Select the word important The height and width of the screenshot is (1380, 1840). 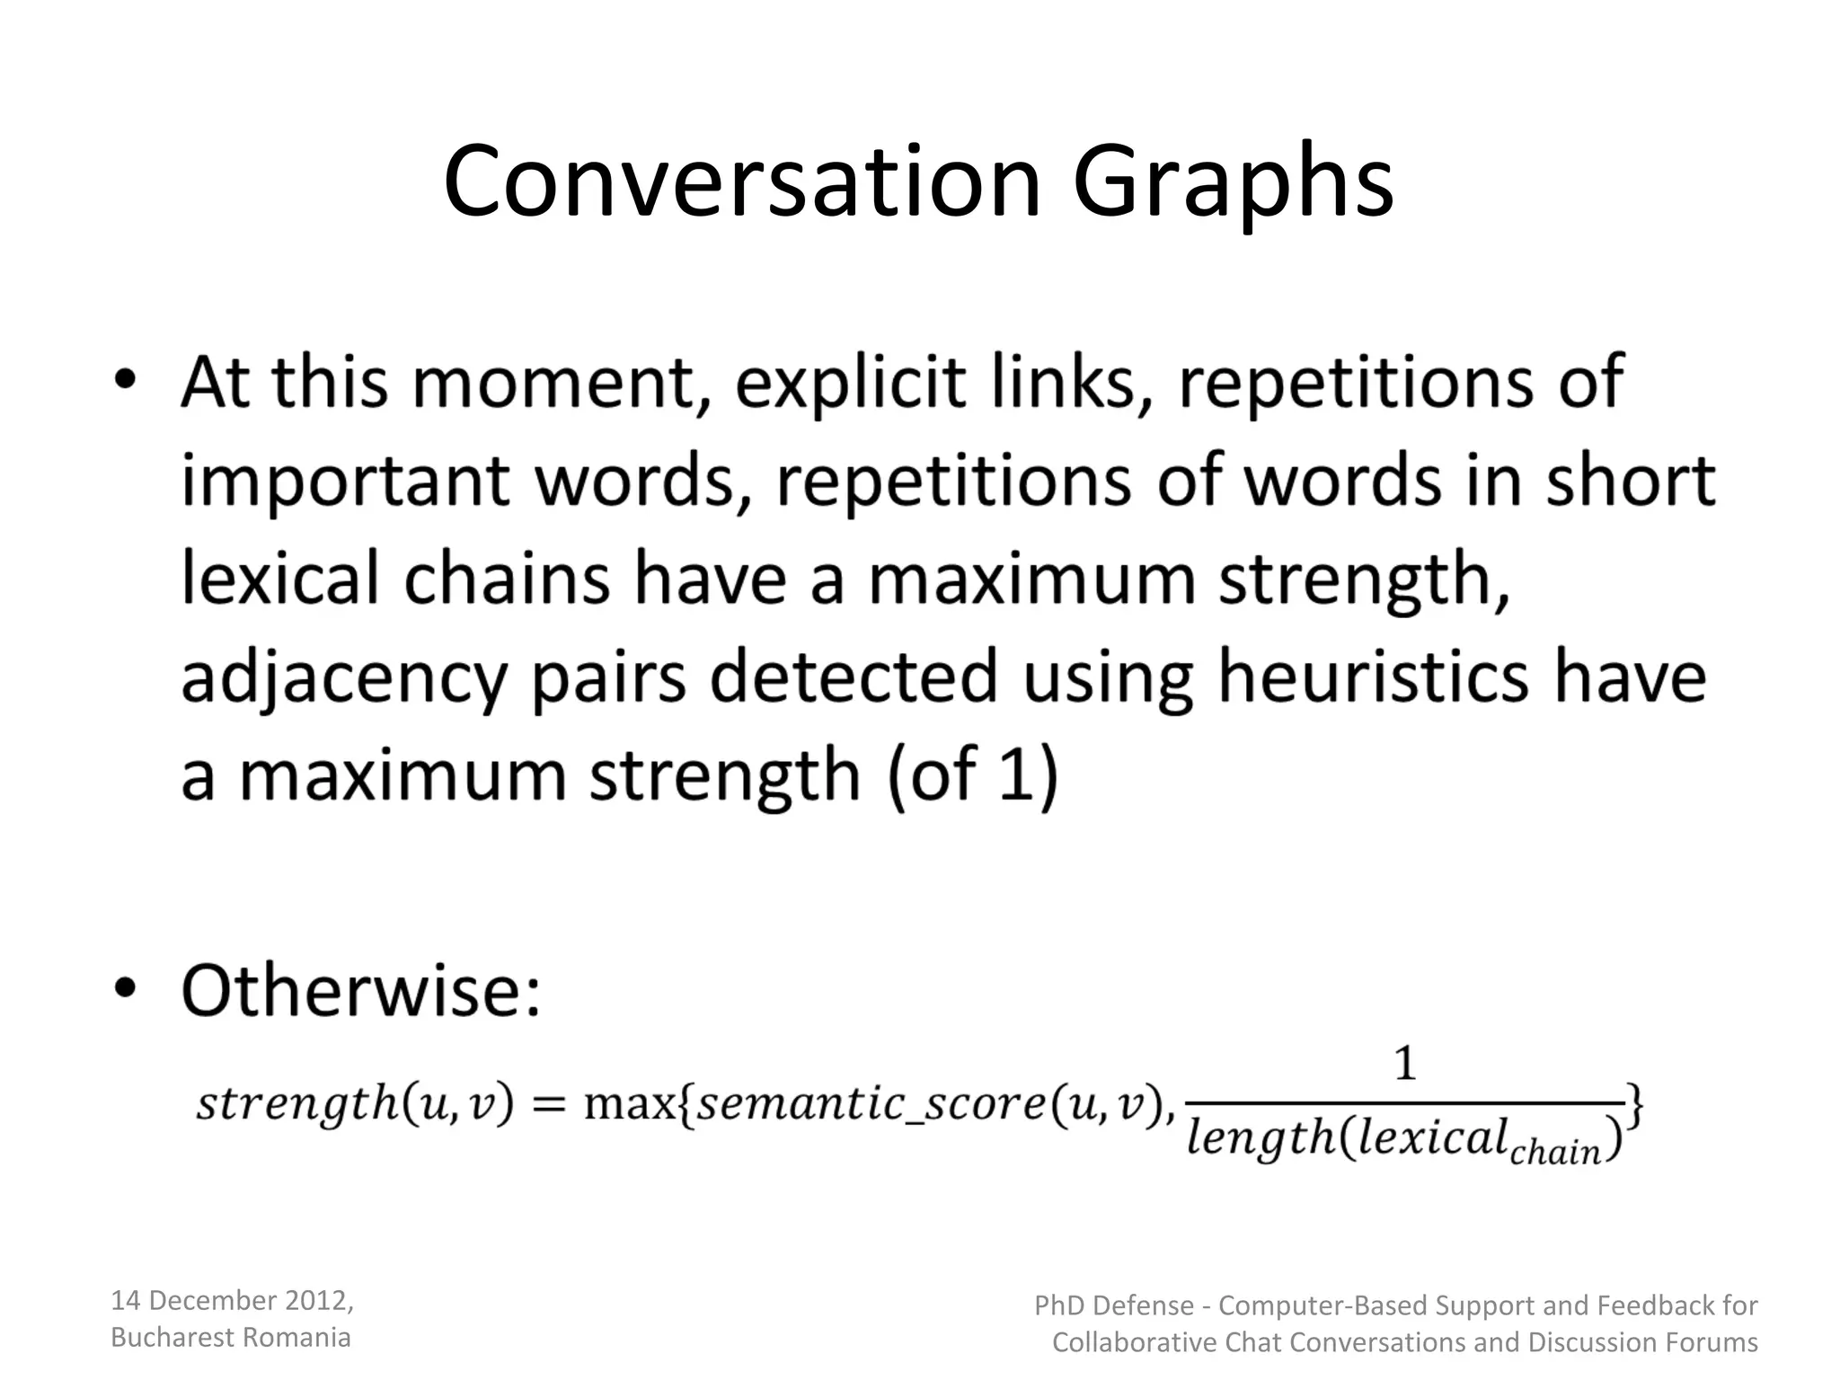point(345,482)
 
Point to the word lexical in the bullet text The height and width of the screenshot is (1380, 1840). point(279,579)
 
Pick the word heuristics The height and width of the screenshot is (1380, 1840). point(1372,676)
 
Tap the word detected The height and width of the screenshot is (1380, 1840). point(854,676)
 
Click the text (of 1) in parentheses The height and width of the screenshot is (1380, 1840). point(972,774)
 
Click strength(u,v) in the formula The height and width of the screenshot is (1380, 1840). point(354,1103)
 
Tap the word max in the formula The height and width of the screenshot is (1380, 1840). point(628,1103)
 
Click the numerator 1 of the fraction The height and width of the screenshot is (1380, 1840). point(1404,1066)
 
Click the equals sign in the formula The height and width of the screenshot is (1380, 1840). point(547,1103)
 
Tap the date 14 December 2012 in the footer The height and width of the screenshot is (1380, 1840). point(232,1300)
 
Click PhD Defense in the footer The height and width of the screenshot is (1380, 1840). point(1113,1305)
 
